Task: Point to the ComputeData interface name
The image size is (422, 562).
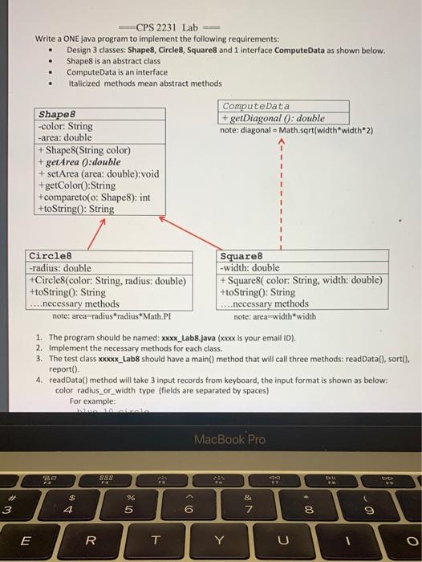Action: point(257,106)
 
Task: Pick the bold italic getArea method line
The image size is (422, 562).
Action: point(79,161)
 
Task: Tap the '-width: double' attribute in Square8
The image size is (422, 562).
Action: point(250,268)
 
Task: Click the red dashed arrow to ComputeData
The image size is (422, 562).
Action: point(281,193)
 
